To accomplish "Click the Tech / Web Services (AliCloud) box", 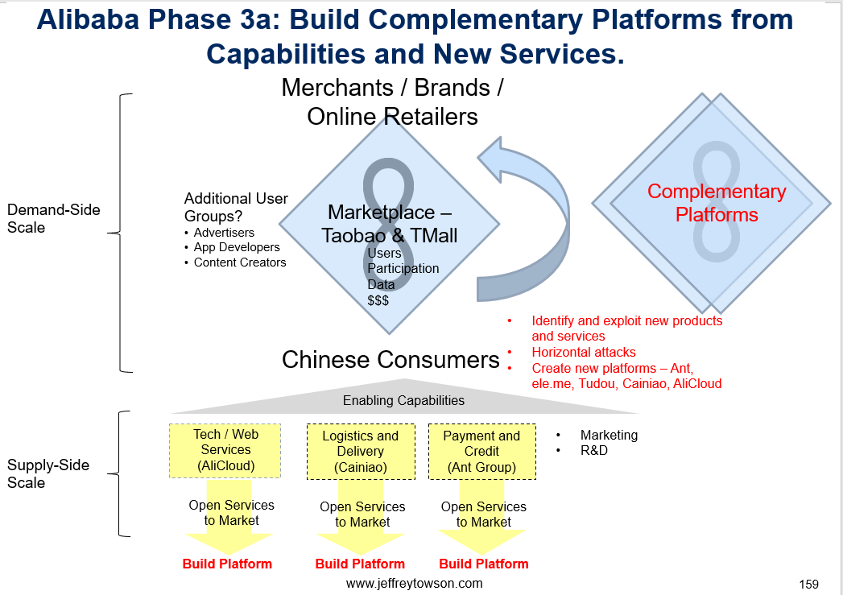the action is (225, 450).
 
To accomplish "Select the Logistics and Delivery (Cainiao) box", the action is (361, 452).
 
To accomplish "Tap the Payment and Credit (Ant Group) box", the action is (482, 452).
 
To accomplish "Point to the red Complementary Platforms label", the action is (717, 203).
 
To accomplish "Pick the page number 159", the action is (808, 585).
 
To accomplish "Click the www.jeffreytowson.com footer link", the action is (414, 583).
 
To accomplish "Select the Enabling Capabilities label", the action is (403, 400).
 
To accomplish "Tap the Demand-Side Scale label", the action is (54, 218).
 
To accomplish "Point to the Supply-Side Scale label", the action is (48, 473).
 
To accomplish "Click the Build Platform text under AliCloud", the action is (227, 564).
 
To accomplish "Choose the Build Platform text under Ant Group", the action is (484, 564).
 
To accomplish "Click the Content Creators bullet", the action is (240, 262).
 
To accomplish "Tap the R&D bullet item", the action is (594, 450).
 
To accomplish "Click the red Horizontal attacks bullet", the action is (583, 352).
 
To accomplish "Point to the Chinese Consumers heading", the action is (391, 360).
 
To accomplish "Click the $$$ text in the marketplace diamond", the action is (378, 300).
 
